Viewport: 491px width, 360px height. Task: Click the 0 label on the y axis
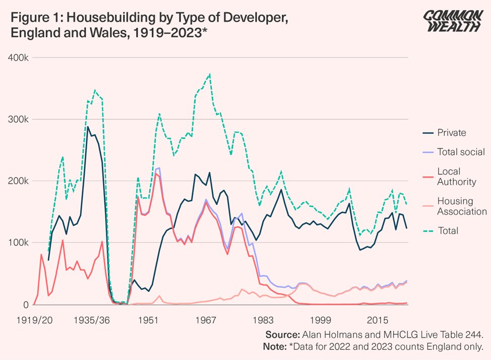(24, 305)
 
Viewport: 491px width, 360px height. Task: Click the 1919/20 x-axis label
(32, 320)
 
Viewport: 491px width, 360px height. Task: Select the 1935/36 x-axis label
(91, 320)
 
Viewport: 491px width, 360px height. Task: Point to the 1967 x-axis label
(206, 320)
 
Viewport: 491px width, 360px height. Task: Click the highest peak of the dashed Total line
(209, 74)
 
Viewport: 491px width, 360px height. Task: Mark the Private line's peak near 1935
(88, 127)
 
